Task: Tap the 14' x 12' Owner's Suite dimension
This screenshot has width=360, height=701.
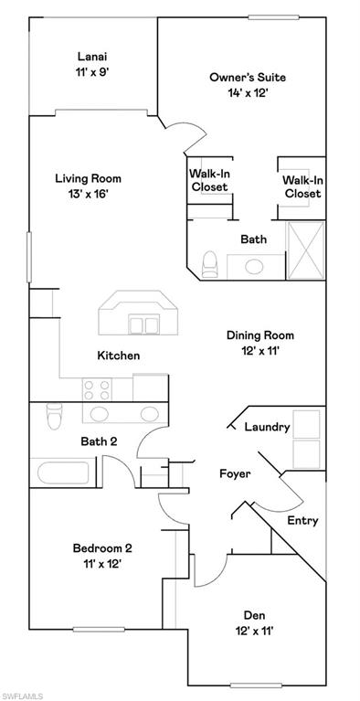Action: click(x=242, y=92)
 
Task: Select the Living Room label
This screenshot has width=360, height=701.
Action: click(x=88, y=178)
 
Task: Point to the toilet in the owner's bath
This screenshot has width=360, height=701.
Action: click(x=209, y=262)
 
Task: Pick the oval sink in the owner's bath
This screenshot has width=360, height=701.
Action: click(x=255, y=266)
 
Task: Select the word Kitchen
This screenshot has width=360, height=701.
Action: click(x=119, y=356)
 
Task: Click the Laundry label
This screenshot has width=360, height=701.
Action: click(x=267, y=427)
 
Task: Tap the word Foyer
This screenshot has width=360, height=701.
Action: click(x=235, y=473)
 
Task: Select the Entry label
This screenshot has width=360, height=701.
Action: click(x=302, y=520)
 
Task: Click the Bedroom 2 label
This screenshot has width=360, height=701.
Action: click(x=102, y=548)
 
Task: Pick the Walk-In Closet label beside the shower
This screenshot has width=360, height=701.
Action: click(x=302, y=187)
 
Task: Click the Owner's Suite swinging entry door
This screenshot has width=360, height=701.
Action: click(x=189, y=139)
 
